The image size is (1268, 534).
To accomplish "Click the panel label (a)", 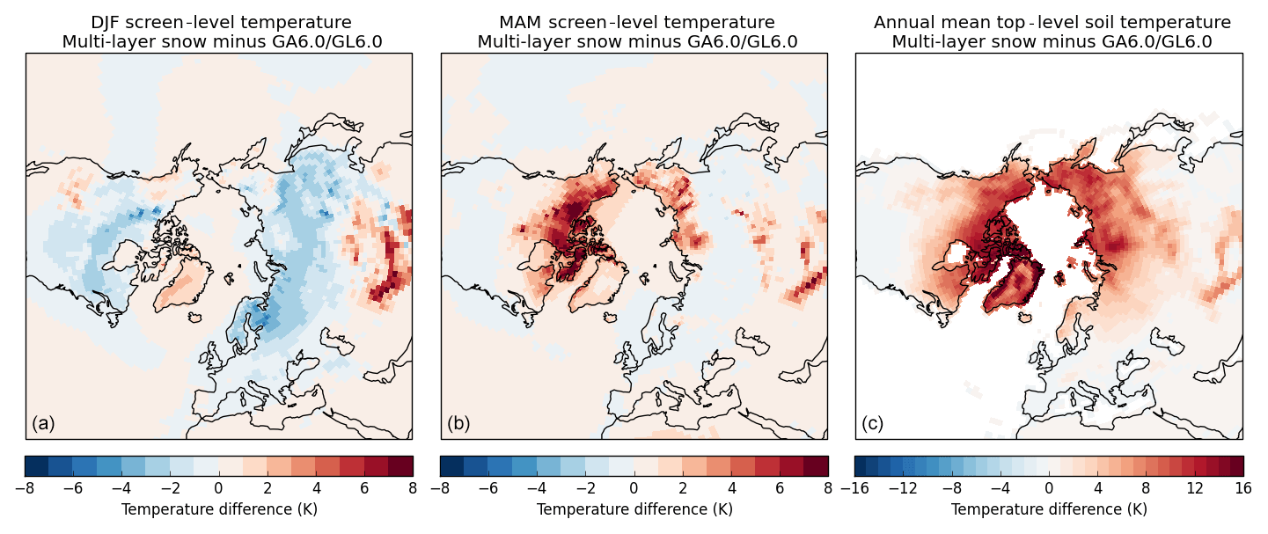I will point(43,423).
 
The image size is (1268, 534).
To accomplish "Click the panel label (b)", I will point(458,423).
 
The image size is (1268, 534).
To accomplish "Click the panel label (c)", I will point(873,423).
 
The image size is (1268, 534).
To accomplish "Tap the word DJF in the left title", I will point(109,23).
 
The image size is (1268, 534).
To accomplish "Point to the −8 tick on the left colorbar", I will point(26,486).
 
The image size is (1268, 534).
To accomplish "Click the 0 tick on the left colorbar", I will point(219,486).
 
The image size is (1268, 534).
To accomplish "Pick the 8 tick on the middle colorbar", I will point(828,486).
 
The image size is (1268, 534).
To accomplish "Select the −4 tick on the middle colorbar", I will point(538,486).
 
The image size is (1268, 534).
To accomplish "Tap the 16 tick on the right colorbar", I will point(1242,486).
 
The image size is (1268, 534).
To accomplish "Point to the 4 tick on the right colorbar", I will point(1097,486).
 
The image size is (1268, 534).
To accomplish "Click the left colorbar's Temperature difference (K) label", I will point(219,509).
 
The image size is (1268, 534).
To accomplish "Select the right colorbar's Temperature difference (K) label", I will point(1049,509).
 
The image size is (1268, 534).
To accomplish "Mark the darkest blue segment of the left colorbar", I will point(37,465).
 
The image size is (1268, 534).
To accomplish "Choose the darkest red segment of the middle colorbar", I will point(816,465).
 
